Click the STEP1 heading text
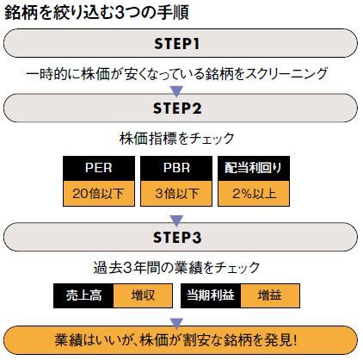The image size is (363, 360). pos(176,44)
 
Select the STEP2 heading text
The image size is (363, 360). pos(177,109)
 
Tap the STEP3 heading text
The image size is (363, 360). pos(177,238)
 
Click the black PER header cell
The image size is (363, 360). pos(99,168)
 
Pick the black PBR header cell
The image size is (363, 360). pos(176,168)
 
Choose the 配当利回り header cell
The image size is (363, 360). pos(254,168)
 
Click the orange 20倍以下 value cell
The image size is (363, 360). pos(99,194)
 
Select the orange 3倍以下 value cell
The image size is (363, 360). pos(176,194)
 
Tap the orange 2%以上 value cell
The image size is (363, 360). pos(254,194)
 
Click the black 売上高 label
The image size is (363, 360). pos(83,295)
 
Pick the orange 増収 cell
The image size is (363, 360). pos(143,295)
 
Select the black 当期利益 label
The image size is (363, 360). pos(211,295)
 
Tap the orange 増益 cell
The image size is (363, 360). pos(270,295)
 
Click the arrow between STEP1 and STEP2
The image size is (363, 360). pos(176,91)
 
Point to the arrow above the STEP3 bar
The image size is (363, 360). pos(176,220)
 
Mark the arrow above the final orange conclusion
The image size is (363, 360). pos(176,323)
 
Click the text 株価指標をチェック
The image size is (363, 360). pos(176,139)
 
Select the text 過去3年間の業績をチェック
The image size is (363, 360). pos(176,268)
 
